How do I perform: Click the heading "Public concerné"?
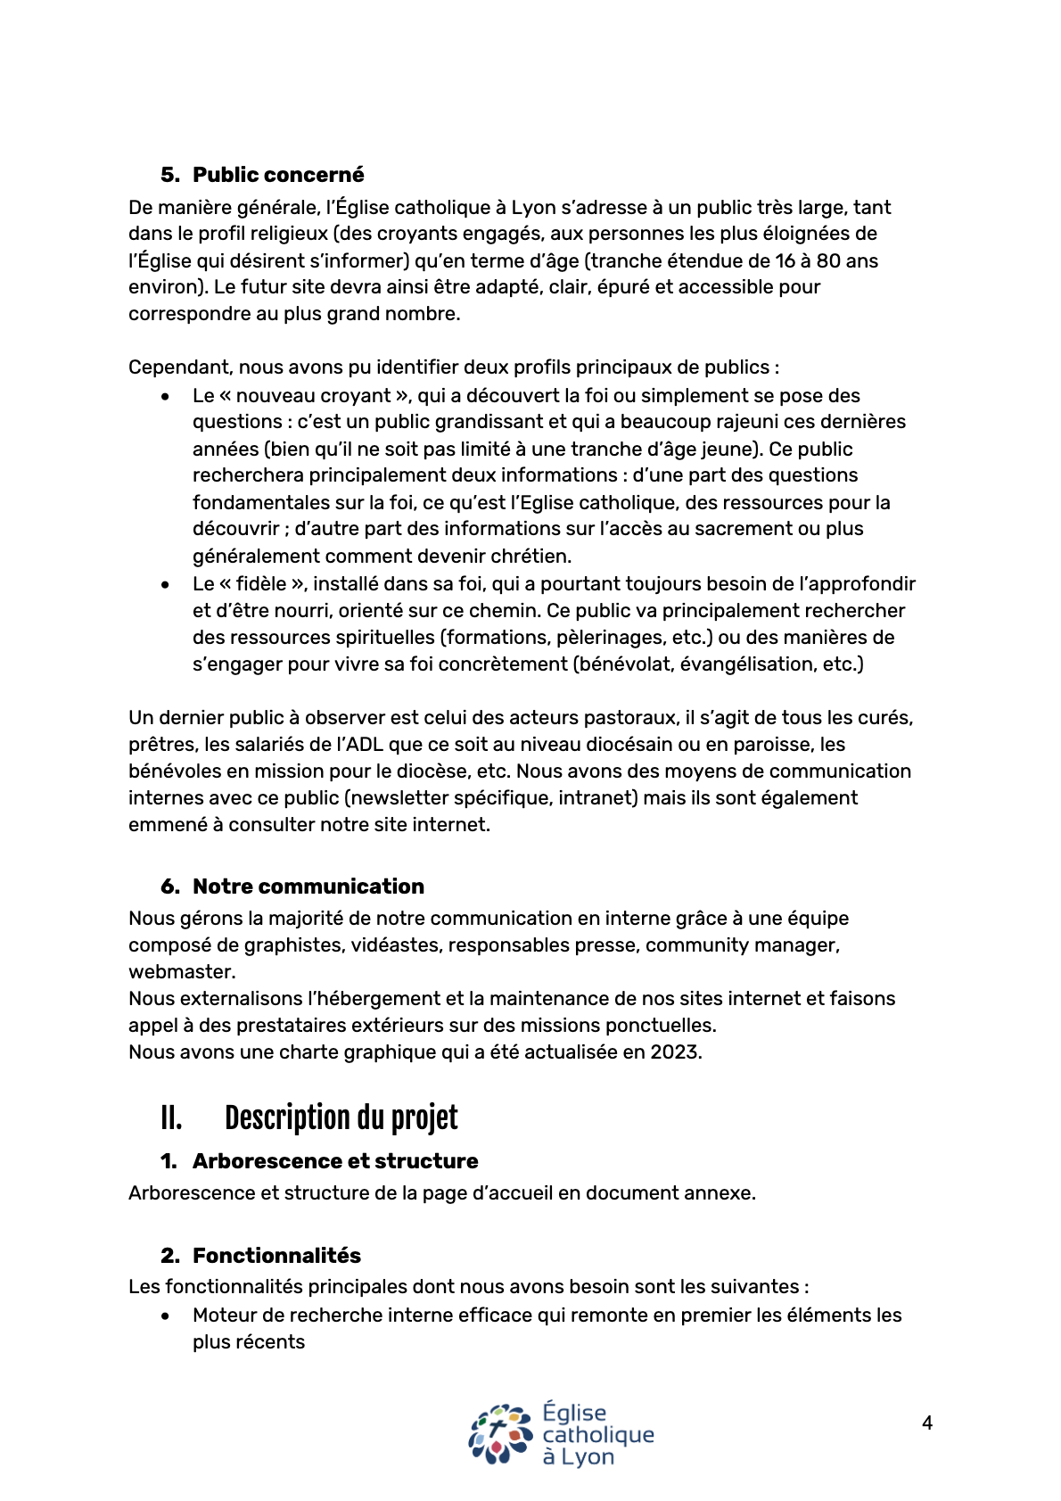tap(278, 175)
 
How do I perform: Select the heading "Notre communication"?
tap(308, 887)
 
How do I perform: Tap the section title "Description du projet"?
tap(341, 1118)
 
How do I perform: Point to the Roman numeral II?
tap(171, 1118)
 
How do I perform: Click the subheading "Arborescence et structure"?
tap(335, 1161)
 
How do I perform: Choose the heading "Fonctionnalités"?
tap(276, 1256)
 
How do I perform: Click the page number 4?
tap(927, 1423)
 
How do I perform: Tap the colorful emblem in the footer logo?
tap(501, 1434)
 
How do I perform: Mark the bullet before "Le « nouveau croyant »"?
tap(166, 397)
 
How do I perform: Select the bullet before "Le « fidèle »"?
tap(166, 585)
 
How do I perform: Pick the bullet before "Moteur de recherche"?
tap(166, 1316)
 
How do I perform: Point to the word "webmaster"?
tap(181, 972)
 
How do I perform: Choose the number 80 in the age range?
tap(815, 261)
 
